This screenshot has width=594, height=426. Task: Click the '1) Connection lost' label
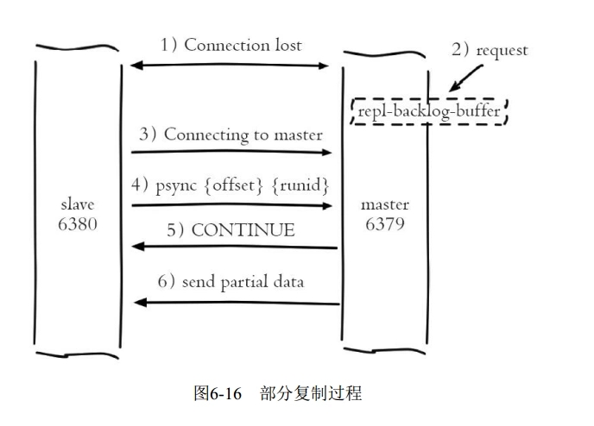tap(231, 45)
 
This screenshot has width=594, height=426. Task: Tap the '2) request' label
tap(489, 50)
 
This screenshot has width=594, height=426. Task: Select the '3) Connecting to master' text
tap(231, 135)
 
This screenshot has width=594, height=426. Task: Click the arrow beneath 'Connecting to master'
tap(231, 153)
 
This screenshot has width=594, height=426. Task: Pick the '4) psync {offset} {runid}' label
tap(231, 186)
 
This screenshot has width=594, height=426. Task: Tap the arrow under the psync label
tap(231, 205)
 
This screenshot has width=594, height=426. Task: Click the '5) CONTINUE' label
tap(231, 230)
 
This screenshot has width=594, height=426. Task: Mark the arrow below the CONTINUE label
tap(233, 247)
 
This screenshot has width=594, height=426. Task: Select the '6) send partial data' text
tap(231, 282)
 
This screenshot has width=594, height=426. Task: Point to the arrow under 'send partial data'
tap(237, 303)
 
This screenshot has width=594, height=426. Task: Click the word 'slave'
tap(78, 205)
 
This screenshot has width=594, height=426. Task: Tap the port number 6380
tap(78, 224)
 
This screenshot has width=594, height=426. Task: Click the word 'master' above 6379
tap(385, 205)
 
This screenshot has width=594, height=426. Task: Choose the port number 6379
tap(385, 224)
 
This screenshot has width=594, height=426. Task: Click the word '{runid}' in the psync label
tap(300, 186)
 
